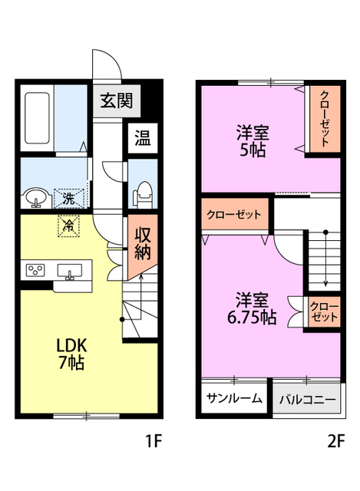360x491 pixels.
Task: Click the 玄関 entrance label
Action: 117,101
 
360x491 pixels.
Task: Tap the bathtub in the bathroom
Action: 38,117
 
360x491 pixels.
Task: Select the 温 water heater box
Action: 143,138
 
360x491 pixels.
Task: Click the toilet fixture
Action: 143,194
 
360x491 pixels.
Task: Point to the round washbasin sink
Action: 38,198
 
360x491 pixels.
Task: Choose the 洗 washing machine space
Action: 69,198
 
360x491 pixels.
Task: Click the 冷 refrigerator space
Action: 68,226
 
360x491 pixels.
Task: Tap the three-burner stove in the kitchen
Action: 36,270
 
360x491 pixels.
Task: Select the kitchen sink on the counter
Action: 70,271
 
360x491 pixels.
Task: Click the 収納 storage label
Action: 143,243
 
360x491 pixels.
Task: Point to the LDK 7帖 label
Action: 71,354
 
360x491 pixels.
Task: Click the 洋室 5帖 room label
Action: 253,140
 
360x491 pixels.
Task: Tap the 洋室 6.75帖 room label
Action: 252,308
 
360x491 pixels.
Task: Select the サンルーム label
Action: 234,398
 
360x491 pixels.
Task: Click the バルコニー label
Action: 307,400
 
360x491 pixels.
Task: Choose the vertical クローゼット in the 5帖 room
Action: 325,119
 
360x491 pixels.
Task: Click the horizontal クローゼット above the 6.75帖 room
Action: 234,215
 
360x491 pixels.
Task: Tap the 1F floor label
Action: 153,441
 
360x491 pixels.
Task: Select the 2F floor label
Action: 336,441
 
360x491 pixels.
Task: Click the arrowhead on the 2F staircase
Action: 326,284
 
